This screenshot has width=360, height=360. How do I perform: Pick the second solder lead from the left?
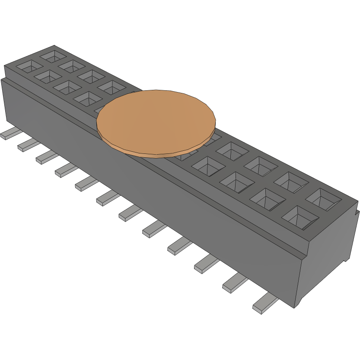27,145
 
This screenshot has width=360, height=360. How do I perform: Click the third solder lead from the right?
206,264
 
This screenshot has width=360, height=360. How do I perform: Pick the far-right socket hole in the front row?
299,216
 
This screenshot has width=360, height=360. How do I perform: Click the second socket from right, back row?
290,182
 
